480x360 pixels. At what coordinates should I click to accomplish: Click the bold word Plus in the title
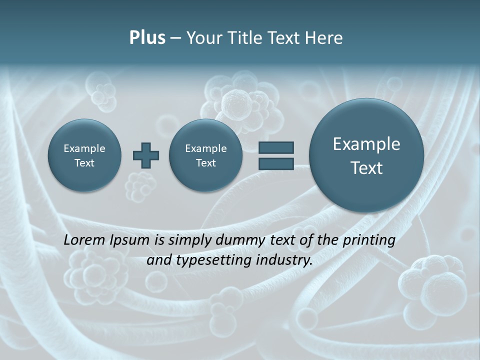(x=147, y=38)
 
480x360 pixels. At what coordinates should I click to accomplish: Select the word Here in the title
(x=324, y=38)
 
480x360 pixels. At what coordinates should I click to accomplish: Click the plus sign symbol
(x=146, y=155)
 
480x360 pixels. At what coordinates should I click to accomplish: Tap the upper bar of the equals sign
(x=276, y=147)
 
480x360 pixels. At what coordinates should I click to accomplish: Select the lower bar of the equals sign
(x=276, y=163)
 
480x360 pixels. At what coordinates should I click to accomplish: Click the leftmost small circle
(x=84, y=155)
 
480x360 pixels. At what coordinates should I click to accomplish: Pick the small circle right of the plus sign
(x=206, y=155)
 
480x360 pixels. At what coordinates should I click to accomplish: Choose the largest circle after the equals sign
(x=366, y=155)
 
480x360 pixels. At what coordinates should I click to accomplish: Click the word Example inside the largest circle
(x=366, y=144)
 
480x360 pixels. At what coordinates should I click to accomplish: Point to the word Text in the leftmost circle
(x=84, y=163)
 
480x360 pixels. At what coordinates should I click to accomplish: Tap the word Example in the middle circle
(x=206, y=148)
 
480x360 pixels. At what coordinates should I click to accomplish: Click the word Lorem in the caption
(x=84, y=240)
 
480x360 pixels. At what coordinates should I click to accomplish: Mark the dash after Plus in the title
(x=175, y=38)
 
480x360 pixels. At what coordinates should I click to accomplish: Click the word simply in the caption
(x=190, y=240)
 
